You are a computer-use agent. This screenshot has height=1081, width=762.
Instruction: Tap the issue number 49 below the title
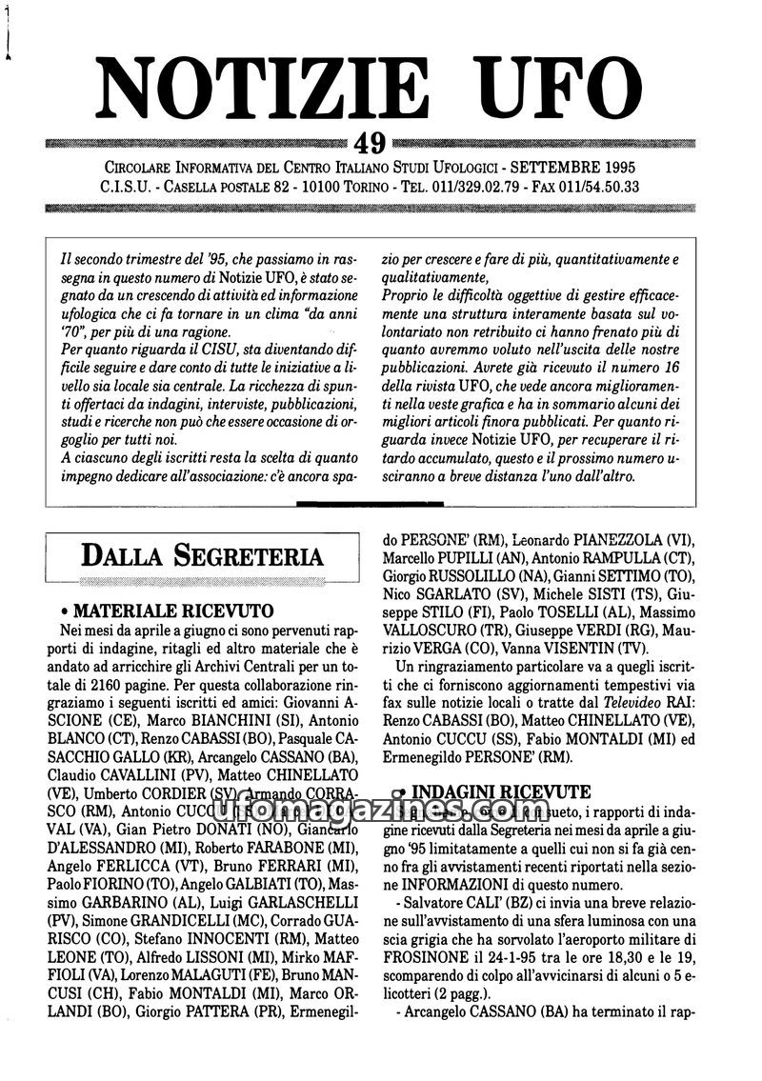coord(369,143)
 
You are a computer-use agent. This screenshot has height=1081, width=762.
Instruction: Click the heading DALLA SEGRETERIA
coord(201,554)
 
